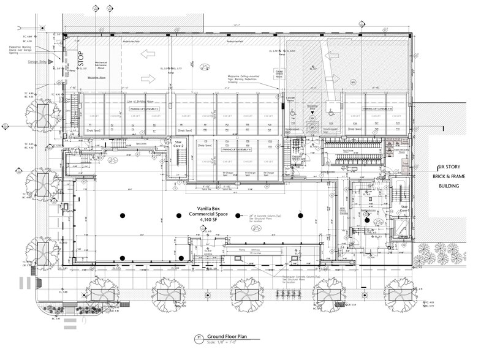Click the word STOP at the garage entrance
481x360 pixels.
pyautogui.click(x=80, y=59)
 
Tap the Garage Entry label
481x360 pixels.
pyautogui.click(x=38, y=62)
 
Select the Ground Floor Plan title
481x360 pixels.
pyautogui.click(x=227, y=336)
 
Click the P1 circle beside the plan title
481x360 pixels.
pyautogui.click(x=198, y=337)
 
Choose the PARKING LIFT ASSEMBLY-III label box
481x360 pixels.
pyautogui.click(x=376, y=108)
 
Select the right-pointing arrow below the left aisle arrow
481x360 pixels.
pyautogui.click(x=144, y=78)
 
